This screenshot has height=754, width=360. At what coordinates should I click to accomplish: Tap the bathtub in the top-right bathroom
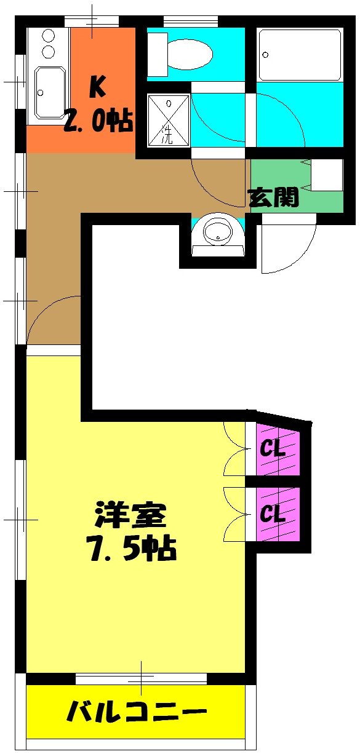pos(300,55)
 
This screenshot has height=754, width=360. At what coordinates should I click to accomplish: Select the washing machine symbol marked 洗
pos(167,119)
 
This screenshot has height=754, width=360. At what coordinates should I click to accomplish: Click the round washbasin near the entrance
pos(218,233)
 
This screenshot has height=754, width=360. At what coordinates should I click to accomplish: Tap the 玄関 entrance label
pos(273,197)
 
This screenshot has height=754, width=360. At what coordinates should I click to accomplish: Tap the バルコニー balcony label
pos(136,713)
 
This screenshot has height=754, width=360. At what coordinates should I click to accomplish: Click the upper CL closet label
pos(273,448)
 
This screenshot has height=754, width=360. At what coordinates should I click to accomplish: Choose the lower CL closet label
pos(273,514)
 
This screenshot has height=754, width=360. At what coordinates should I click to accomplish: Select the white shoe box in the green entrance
pos(326,175)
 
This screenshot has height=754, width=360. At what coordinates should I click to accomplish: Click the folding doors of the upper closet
pos(235,448)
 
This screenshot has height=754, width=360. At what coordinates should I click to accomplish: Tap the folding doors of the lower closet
pos(235,514)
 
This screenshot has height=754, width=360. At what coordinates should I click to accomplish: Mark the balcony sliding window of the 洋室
pos(141,678)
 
